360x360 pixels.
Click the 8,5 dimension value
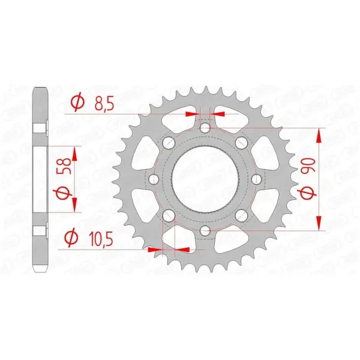point(104,103)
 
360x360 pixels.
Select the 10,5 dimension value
point(101,238)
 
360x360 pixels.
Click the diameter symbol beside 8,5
point(77,102)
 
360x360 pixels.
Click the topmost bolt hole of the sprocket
point(205,128)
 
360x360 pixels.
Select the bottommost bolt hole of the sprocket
point(205,230)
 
